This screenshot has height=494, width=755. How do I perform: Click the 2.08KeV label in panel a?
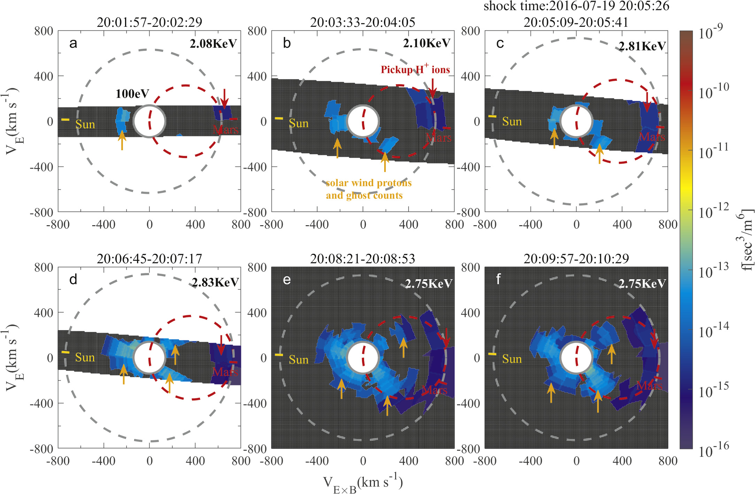213,44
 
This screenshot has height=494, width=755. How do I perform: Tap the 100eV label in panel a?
132,94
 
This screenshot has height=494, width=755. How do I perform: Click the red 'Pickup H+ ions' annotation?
415,69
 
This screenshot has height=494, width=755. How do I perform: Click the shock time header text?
576,6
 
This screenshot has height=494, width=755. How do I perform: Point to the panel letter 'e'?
287,280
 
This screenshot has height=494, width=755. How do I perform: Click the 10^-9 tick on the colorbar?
710,33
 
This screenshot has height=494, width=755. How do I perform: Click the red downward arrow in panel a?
224,99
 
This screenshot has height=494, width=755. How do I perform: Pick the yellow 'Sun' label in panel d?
85,357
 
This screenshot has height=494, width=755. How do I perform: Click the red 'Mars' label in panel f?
649,386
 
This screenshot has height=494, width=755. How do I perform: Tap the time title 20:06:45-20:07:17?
149,259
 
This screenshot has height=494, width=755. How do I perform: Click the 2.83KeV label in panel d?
215,282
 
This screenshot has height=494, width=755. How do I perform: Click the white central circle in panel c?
576,121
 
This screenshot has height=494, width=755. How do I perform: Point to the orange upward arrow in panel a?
122,140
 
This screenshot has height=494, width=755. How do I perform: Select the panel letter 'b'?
287,43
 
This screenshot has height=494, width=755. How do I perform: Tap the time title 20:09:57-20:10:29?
576,259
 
